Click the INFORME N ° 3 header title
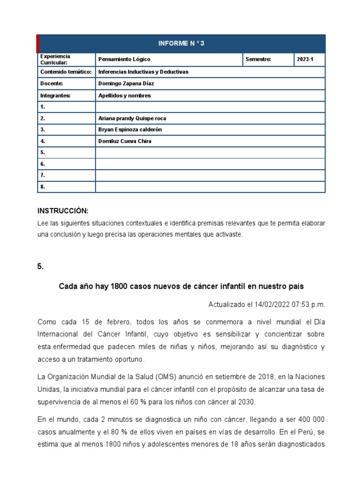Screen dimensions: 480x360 tap(181, 44)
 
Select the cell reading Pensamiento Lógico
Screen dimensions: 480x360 tap(124, 60)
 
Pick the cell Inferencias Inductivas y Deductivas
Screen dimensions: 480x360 tap(143, 72)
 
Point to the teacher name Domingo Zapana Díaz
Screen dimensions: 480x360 tap(125, 83)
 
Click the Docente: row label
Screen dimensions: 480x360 tap(52, 83)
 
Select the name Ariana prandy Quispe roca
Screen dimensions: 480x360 tap(132, 119)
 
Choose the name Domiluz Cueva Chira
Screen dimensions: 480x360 tap(125, 141)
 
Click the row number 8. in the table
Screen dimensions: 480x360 tap(43, 187)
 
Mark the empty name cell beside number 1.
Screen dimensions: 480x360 tap(210, 107)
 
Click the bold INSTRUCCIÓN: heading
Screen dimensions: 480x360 tap(63, 211)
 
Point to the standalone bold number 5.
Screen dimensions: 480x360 tap(40, 266)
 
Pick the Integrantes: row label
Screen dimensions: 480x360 tap(55, 95)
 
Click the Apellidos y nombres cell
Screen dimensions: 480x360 tap(124, 95)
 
